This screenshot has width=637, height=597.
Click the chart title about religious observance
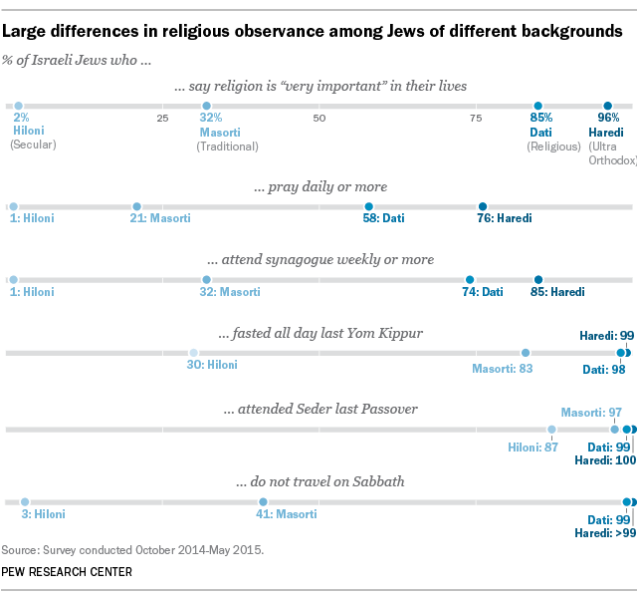point(313,32)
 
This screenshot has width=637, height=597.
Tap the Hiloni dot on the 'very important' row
point(19,105)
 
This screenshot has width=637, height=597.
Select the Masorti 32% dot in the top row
point(206,105)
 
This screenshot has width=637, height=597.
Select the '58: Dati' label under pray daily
point(381,218)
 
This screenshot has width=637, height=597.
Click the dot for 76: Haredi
point(483,206)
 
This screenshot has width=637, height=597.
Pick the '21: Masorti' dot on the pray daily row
point(136,206)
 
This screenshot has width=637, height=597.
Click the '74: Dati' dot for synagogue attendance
point(470,280)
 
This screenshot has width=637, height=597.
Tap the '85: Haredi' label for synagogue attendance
point(555,292)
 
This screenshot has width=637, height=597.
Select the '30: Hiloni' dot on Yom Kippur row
point(193,353)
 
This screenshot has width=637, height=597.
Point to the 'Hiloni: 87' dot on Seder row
point(551,430)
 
